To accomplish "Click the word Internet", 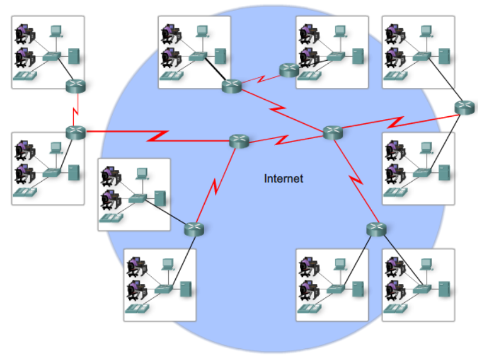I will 283,178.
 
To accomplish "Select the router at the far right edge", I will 464,107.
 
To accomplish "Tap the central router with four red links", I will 332,133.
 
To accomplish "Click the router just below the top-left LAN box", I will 76,86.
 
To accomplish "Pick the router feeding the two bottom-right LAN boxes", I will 375,229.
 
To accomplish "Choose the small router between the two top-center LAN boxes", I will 289,70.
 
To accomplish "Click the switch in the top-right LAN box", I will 421,57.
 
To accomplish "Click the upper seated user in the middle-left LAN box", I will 25,150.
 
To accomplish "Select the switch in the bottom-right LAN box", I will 421,289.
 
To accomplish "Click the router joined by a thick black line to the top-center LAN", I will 231,86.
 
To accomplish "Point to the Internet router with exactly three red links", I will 238,141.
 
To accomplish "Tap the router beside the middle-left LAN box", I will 76,132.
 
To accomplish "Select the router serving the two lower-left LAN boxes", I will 193,228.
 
